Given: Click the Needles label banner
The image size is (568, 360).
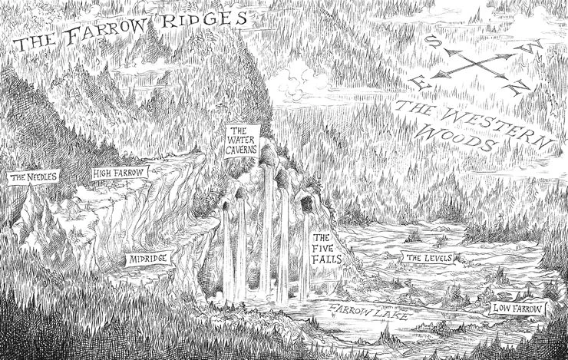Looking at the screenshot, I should [32, 178].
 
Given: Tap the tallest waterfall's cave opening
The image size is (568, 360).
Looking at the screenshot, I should [269, 161].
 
